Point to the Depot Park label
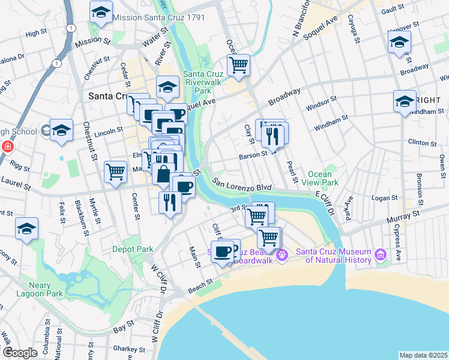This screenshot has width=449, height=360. (132, 248)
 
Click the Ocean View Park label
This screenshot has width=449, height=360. (324, 178)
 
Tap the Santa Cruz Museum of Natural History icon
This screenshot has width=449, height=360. (380, 256)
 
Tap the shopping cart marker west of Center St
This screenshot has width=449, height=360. (115, 172)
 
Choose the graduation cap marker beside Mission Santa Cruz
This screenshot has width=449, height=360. (101, 12)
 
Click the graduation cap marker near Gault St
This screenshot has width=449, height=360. (399, 43)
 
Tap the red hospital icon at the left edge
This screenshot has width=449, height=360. (7, 147)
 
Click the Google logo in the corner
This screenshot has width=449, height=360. (20, 353)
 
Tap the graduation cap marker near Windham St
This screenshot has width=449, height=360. (405, 100)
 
